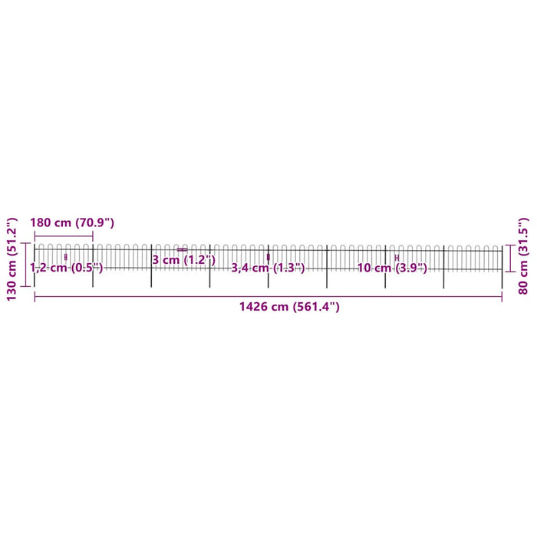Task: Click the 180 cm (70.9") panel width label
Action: coord(71,222)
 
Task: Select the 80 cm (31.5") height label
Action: coord(524,249)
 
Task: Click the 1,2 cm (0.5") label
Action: coord(66,268)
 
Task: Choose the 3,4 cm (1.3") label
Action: coord(268,268)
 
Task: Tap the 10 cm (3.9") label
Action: coord(392,268)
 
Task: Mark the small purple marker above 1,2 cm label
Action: coord(66,256)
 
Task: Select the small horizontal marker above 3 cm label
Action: coord(182,249)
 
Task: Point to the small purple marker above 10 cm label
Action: coord(397,257)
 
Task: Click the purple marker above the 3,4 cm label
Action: coord(268,257)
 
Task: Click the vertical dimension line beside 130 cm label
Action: coord(25,265)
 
